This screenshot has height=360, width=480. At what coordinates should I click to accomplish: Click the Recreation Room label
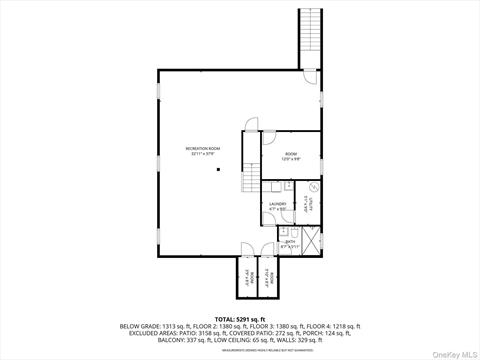click(x=202, y=151)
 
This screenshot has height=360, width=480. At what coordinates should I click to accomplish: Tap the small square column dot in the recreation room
click(x=216, y=169)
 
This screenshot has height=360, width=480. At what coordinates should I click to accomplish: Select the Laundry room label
click(x=278, y=206)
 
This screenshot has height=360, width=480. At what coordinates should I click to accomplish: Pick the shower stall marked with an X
click(x=311, y=242)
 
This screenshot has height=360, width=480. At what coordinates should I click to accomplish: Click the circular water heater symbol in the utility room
click(x=313, y=187)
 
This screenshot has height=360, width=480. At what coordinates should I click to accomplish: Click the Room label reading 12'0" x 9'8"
click(x=291, y=156)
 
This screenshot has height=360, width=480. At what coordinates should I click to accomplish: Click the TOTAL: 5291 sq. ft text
click(x=240, y=317)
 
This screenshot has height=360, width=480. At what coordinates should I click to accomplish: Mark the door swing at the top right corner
click(x=312, y=76)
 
